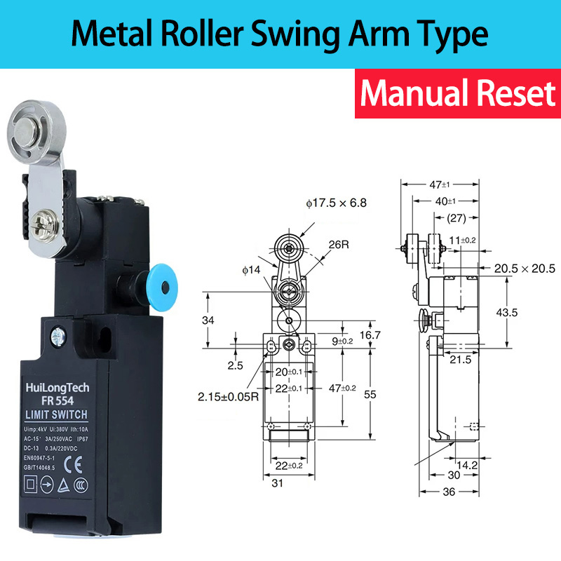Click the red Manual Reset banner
pyautogui.click(x=457, y=93)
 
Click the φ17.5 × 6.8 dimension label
pyautogui.click(x=336, y=203)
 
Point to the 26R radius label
pyautogui.click(x=339, y=245)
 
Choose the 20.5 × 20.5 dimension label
pyautogui.click(x=523, y=269)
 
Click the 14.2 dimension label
pyautogui.click(x=468, y=464)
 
